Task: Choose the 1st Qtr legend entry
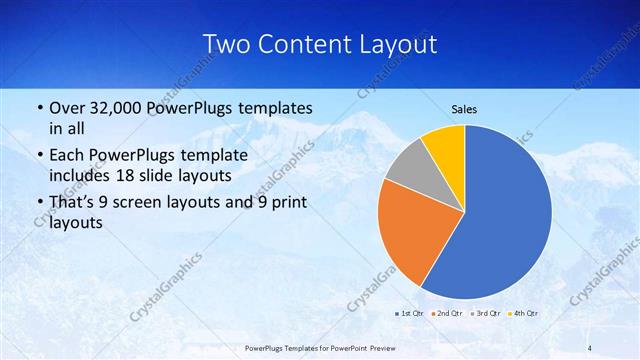410,315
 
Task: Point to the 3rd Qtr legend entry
485,315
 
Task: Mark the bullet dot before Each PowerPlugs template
39,156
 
